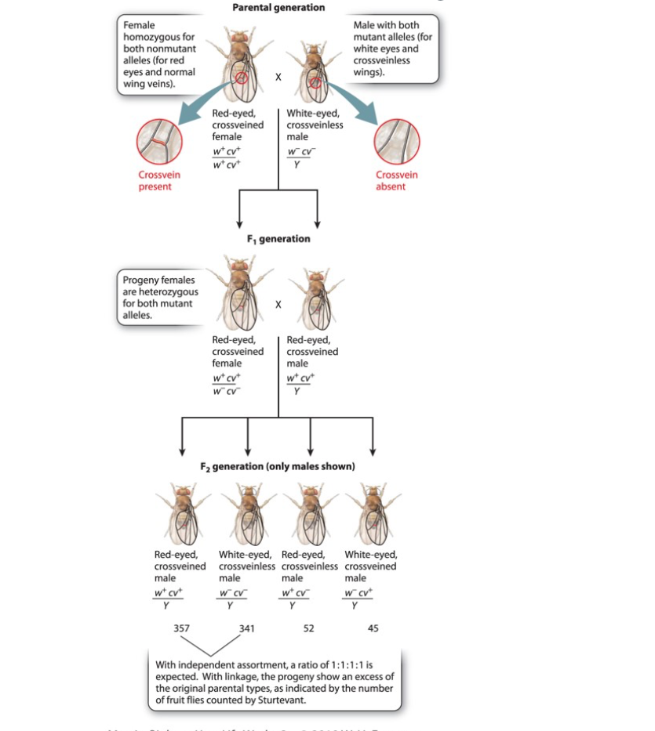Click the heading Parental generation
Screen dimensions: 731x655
click(278, 7)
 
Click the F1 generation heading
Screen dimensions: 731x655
click(278, 239)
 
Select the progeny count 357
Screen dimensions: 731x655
click(181, 628)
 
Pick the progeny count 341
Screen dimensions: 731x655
click(247, 628)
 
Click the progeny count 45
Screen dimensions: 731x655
click(372, 628)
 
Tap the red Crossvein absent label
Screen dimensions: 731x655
click(396, 181)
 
